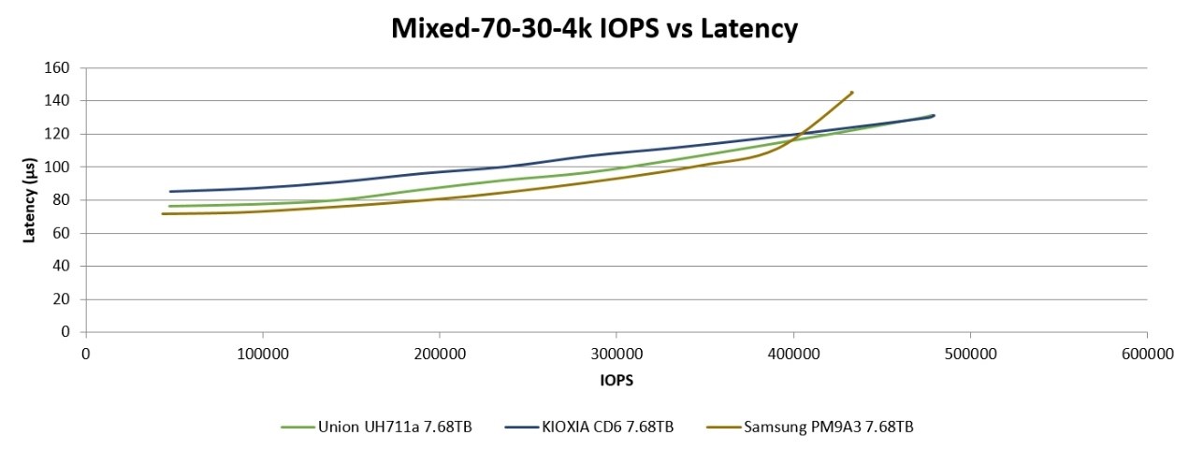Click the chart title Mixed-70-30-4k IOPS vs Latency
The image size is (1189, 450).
[594, 29]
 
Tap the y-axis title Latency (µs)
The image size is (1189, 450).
[29, 200]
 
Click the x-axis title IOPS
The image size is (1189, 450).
[616, 381]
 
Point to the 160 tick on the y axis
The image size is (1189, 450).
[59, 67]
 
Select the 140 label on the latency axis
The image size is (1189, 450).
[59, 101]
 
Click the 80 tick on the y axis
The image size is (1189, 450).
[63, 200]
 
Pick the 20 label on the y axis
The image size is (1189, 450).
[63, 299]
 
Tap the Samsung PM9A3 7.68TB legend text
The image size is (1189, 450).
[829, 428]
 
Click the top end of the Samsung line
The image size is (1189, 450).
[852, 92]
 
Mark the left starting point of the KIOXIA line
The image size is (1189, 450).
[170, 192]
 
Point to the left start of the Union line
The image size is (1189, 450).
[170, 206]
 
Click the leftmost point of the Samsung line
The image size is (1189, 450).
[163, 214]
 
